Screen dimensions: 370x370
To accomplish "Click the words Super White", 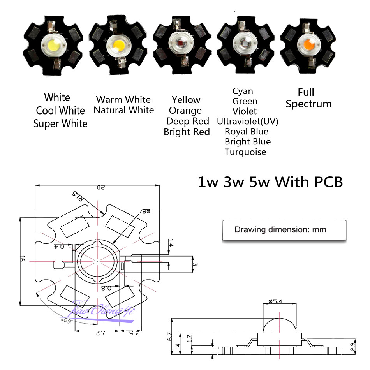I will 60,124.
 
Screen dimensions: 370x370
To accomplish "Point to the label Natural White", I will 124,110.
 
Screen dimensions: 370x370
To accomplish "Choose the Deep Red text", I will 188,121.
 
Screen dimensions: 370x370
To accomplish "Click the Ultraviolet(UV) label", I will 248,121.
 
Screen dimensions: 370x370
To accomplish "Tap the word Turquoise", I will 245,152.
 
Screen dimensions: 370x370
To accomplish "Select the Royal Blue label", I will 247,131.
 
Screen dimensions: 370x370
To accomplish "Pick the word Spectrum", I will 308,104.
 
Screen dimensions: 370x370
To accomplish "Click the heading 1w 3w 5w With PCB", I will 270,182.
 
